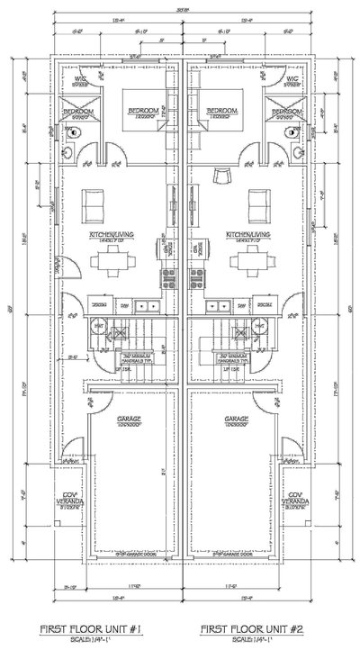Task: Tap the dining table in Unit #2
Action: (245, 262)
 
